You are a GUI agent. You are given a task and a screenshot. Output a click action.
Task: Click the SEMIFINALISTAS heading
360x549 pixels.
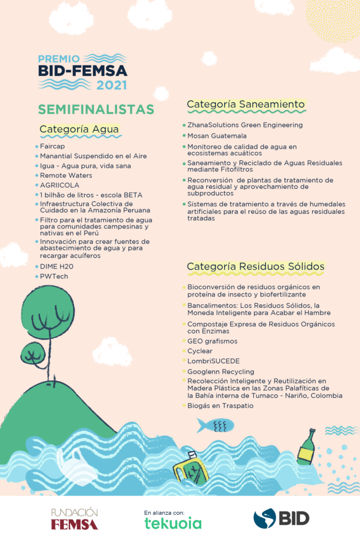95,109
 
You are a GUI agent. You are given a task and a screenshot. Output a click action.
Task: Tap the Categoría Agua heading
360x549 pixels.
79,129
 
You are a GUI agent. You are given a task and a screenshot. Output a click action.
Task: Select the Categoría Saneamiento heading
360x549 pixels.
246,104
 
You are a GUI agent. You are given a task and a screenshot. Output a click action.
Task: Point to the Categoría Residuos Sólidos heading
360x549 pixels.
255,266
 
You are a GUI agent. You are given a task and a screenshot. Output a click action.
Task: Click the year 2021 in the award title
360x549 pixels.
112,85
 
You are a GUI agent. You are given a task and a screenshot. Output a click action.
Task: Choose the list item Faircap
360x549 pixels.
52,146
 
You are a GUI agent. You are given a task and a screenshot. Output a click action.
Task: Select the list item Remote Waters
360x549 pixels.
66,175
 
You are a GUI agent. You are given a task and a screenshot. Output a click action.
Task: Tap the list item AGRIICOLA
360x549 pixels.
60,185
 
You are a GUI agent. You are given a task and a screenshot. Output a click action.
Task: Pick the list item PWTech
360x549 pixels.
54,277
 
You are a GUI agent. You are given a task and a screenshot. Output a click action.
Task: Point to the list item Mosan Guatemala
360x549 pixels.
217,136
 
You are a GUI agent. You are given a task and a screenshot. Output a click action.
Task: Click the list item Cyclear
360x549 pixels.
200,351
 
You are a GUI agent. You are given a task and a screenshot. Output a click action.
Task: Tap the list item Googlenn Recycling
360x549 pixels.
221,372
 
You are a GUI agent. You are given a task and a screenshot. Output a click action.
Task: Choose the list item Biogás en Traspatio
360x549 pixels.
220,406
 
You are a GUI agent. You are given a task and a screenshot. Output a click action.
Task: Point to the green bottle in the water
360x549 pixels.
306,446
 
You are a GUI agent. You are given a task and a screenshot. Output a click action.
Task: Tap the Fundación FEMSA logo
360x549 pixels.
75,518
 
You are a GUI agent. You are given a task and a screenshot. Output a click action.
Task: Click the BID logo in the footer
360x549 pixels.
281,518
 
